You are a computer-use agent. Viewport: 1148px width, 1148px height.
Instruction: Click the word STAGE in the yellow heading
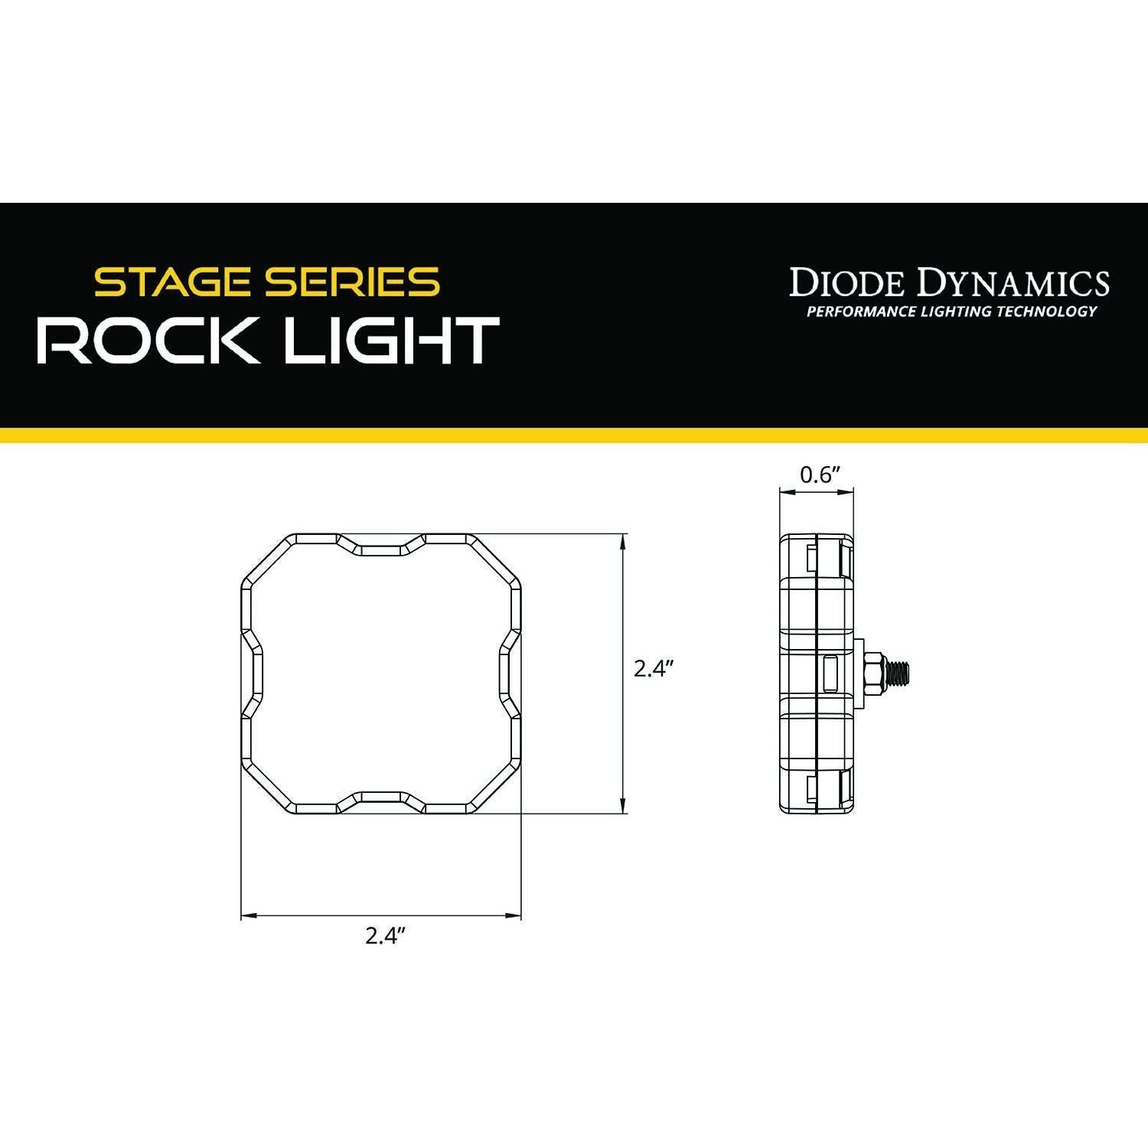(x=174, y=282)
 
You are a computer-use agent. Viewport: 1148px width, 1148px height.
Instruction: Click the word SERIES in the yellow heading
(x=351, y=282)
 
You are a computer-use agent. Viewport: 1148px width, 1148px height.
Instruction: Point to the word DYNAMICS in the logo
(x=1013, y=282)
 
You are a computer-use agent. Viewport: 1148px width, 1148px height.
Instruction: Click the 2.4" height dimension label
(x=653, y=669)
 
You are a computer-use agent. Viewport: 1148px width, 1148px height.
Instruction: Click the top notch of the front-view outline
(x=381, y=545)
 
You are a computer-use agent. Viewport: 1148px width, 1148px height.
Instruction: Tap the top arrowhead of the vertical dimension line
(x=625, y=540)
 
